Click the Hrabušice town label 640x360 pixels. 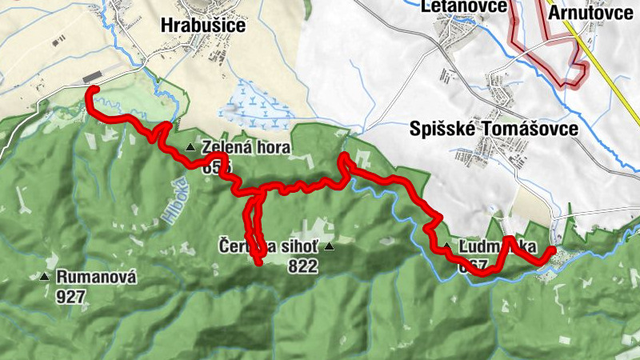coord(202,25)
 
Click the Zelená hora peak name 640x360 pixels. coord(246,148)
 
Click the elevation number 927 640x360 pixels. coord(71,296)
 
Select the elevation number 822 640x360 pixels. coord(304,266)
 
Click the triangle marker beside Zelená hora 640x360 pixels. coord(190,147)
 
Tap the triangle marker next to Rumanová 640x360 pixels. coord(45,278)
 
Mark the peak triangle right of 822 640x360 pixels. coord(327,247)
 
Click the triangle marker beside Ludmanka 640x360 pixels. coord(446,246)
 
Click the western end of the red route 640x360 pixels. coord(88,87)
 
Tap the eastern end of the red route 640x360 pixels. coord(552,251)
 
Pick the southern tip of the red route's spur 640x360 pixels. coord(258,261)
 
